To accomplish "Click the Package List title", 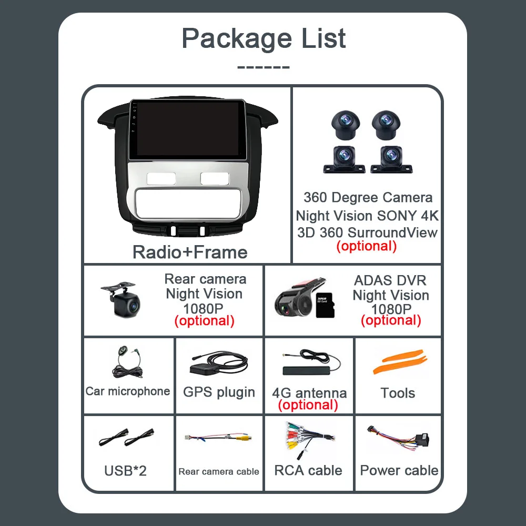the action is pyautogui.click(x=264, y=38).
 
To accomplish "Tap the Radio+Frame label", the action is pyautogui.click(x=190, y=252).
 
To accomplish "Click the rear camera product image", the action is pyautogui.click(x=122, y=299).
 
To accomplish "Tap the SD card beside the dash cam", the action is pyautogui.click(x=323, y=305).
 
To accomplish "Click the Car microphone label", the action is pyautogui.click(x=128, y=391).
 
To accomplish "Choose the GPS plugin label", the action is pyautogui.click(x=219, y=392).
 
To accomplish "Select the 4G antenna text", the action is pyautogui.click(x=309, y=393).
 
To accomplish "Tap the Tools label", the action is pyautogui.click(x=398, y=393).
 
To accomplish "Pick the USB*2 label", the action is pyautogui.click(x=125, y=470).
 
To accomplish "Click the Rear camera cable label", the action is pyautogui.click(x=219, y=471).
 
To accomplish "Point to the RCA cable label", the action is pyautogui.click(x=308, y=470).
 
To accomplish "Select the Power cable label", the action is pyautogui.click(x=399, y=470).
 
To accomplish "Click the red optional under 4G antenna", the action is pyautogui.click(x=308, y=404).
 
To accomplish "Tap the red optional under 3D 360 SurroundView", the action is pyautogui.click(x=366, y=246).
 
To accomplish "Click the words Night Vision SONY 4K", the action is pyautogui.click(x=367, y=216).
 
